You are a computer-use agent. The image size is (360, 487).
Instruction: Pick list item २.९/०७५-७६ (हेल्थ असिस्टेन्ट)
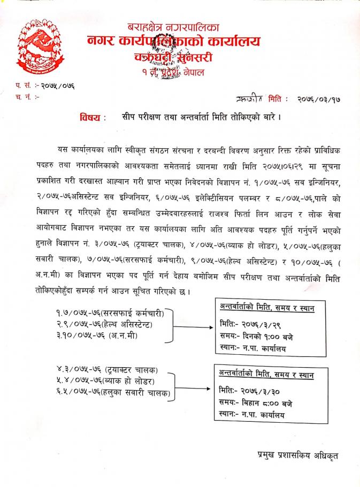coord(112,324)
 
